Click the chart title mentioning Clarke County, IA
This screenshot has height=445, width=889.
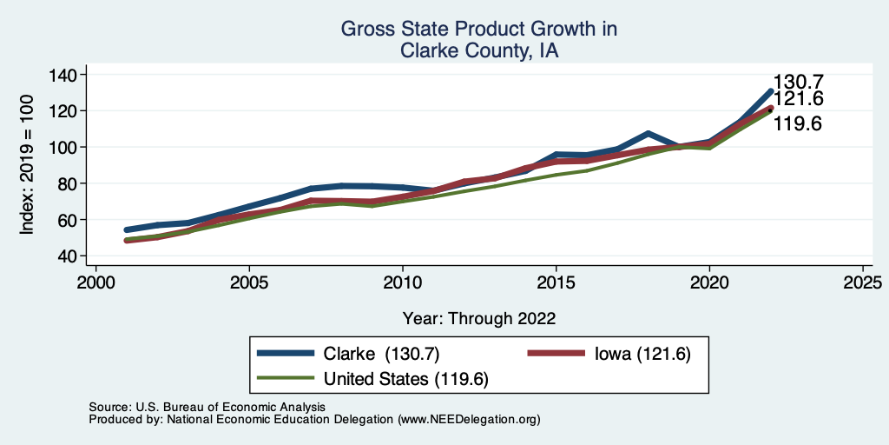coord(478,40)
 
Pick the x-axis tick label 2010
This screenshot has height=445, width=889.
coord(402,282)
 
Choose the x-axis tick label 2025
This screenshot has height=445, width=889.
coord(863,282)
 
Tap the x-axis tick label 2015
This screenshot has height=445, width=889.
coord(556,282)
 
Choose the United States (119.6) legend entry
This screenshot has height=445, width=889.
coord(406,379)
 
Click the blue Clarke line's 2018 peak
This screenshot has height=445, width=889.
coord(648,134)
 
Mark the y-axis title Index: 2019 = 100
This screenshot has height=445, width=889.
coord(28,166)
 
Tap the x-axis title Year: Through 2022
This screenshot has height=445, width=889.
coord(479,317)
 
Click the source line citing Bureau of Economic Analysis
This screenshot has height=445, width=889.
coord(207,407)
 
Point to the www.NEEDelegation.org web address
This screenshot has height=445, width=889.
coord(470,419)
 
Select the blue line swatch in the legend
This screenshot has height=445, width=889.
coord(286,354)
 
